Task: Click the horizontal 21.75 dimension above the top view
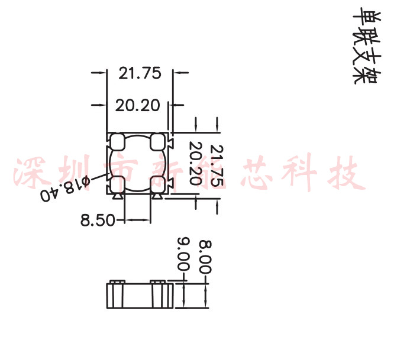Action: pyautogui.click(x=140, y=73)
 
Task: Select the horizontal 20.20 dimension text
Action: pyautogui.click(x=137, y=105)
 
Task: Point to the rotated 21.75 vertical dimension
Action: pyautogui.click(x=217, y=166)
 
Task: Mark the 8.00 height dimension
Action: pyautogui.click(x=205, y=255)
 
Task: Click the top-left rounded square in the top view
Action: pyautogui.click(x=117, y=141)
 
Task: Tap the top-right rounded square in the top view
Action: pyautogui.click(x=158, y=141)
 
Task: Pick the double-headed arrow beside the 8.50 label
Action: pyautogui.click(x=137, y=220)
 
